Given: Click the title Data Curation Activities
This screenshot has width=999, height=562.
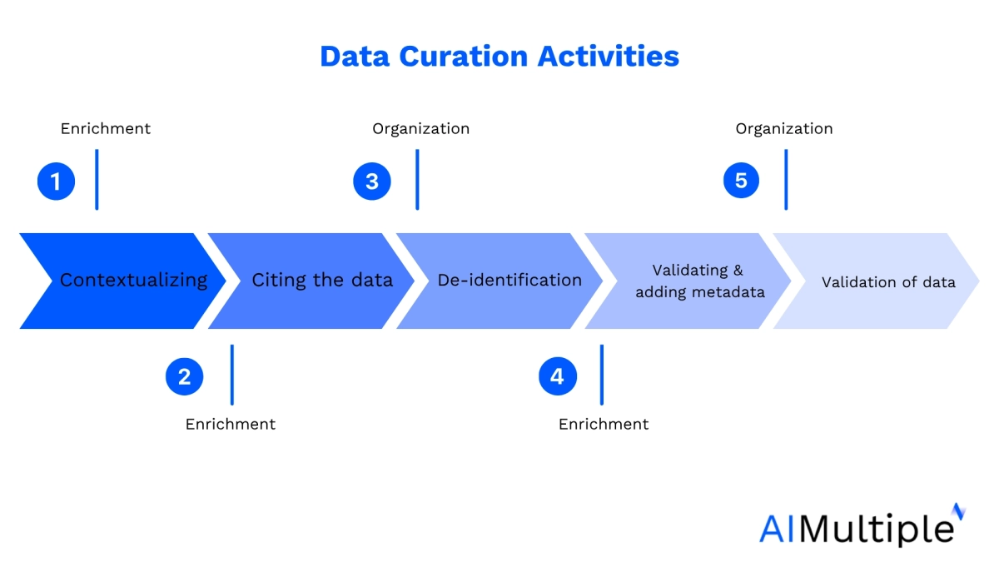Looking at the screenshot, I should [499, 57].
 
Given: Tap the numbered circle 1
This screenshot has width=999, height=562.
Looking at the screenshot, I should [56, 181].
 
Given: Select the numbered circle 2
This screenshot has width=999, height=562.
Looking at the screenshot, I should [184, 376].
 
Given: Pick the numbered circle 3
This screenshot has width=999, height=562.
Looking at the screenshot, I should [372, 181].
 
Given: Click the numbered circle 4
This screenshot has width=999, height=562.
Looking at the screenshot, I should [557, 376].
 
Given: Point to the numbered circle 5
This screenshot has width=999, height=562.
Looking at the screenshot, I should [741, 180].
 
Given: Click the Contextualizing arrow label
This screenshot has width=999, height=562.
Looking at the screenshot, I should [133, 280].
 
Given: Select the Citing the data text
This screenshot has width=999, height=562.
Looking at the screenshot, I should [322, 280].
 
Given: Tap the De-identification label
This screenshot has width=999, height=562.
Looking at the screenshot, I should [509, 280].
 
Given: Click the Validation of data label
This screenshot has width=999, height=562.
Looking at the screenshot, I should [888, 282].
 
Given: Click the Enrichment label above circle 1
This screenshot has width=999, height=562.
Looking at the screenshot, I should [106, 128].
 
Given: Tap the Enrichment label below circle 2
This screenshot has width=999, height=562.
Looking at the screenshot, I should [231, 424].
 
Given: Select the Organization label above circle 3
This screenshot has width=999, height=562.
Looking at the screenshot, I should [420, 128].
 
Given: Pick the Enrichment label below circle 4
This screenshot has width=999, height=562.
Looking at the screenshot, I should [604, 424].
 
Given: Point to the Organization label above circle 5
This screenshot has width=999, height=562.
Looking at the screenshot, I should [783, 128].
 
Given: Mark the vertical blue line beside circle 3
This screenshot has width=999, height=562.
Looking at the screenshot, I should [417, 179].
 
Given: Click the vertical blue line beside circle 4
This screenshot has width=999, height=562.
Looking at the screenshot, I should [601, 375].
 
